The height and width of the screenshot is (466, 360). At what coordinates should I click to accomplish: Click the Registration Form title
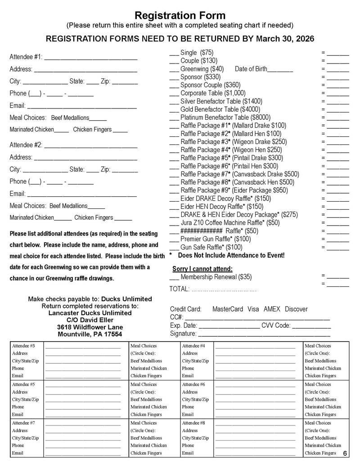click(180, 16)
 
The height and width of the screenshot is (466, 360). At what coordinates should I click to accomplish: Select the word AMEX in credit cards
click(271, 309)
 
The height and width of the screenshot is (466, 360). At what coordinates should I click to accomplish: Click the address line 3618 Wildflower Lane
click(90, 327)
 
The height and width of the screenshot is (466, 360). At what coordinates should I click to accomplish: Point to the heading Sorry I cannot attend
click(202, 269)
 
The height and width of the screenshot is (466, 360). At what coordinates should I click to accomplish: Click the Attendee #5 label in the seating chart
click(23, 385)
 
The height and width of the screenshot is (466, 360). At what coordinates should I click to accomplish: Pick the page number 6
click(345, 453)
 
